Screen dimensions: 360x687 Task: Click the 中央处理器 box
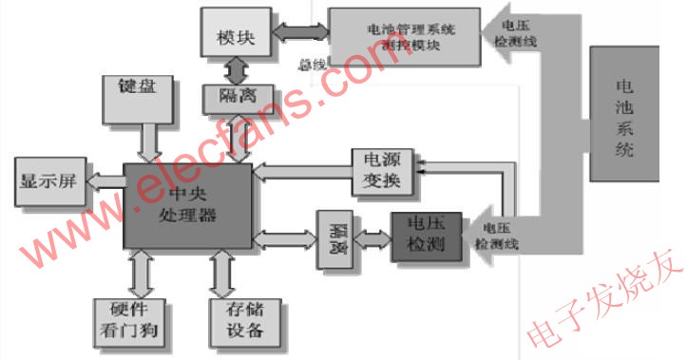[x=188, y=206]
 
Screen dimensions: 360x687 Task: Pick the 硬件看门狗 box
[x=132, y=321]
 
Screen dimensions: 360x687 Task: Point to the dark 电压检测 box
[x=425, y=234]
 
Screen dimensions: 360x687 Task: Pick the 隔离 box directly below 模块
[x=237, y=97]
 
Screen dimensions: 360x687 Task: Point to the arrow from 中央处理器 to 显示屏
[x=105, y=180]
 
